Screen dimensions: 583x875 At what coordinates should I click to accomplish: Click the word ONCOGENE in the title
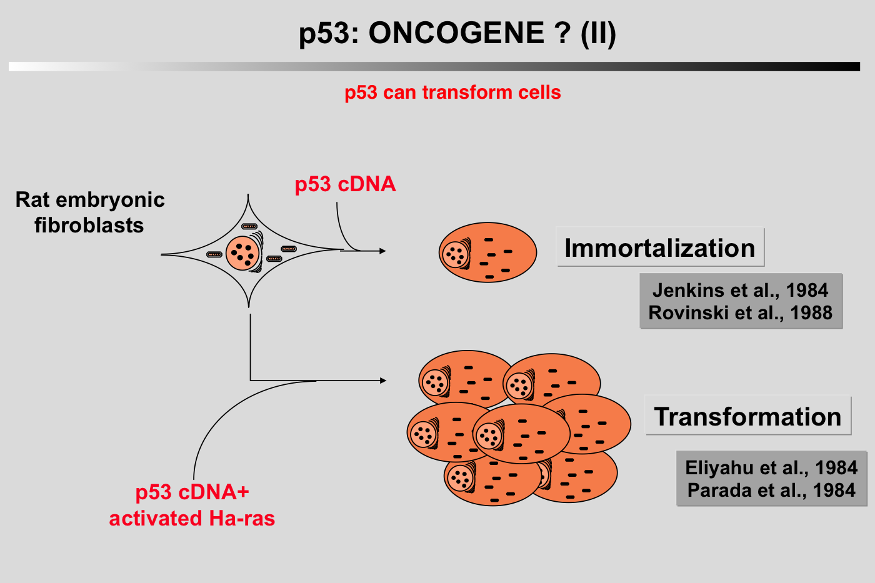[x=456, y=33]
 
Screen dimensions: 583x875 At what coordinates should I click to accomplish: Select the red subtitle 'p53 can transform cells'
[x=452, y=92]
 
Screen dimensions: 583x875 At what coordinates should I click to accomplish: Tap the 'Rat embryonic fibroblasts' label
[x=89, y=212]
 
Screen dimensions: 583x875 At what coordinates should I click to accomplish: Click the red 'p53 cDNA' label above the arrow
[x=345, y=184]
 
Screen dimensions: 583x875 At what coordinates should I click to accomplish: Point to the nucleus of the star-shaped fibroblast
[x=242, y=253]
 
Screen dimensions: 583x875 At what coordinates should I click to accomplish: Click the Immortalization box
[x=660, y=248]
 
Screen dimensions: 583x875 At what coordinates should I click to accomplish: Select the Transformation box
[x=747, y=416]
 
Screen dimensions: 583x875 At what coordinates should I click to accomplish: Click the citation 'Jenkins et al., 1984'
[x=740, y=290]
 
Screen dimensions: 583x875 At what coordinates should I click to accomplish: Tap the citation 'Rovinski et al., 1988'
[x=740, y=312]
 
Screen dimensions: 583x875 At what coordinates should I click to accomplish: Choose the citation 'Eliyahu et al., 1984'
[x=771, y=467]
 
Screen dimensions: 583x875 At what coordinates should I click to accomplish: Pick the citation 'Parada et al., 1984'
[x=771, y=490]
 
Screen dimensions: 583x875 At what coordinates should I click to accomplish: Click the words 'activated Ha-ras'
[x=192, y=519]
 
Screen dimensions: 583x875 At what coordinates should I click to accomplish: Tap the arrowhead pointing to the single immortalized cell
[x=382, y=251]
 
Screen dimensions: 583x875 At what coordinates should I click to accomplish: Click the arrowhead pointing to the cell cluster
[x=382, y=381]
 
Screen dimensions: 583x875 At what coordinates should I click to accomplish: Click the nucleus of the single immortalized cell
[x=455, y=254]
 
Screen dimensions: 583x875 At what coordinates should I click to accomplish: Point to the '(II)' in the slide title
[x=598, y=33]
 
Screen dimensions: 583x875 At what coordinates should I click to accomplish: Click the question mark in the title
[x=562, y=33]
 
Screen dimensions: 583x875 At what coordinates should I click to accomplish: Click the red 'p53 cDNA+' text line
[x=192, y=492]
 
